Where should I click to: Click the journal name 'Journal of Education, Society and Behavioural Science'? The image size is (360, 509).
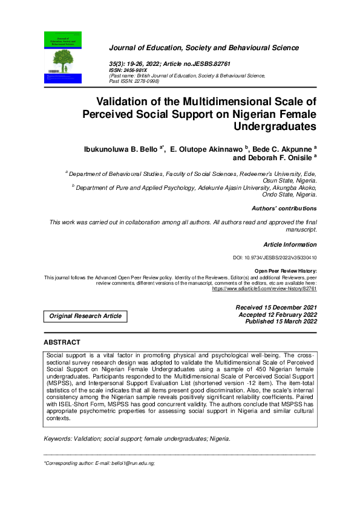[203, 48]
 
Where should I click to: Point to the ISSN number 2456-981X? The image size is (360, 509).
[137, 70]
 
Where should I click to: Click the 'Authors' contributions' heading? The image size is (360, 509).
[284, 209]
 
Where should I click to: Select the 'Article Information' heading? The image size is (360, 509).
[290, 245]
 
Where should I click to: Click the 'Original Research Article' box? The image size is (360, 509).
[85, 316]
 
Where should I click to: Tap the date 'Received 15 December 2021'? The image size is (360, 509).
[276, 308]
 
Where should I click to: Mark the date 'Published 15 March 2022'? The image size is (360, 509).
[281, 322]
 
